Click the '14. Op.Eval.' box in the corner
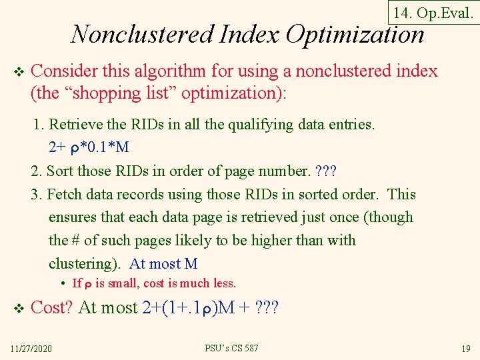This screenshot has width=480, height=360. click(x=433, y=13)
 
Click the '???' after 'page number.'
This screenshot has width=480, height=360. click(x=326, y=171)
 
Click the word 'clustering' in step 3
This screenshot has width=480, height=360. click(x=85, y=263)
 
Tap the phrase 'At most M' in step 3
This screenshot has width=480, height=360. click(x=163, y=263)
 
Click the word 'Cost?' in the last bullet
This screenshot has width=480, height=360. click(x=53, y=307)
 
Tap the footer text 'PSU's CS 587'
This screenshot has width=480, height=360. click(x=231, y=348)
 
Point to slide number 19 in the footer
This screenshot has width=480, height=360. click(x=466, y=349)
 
